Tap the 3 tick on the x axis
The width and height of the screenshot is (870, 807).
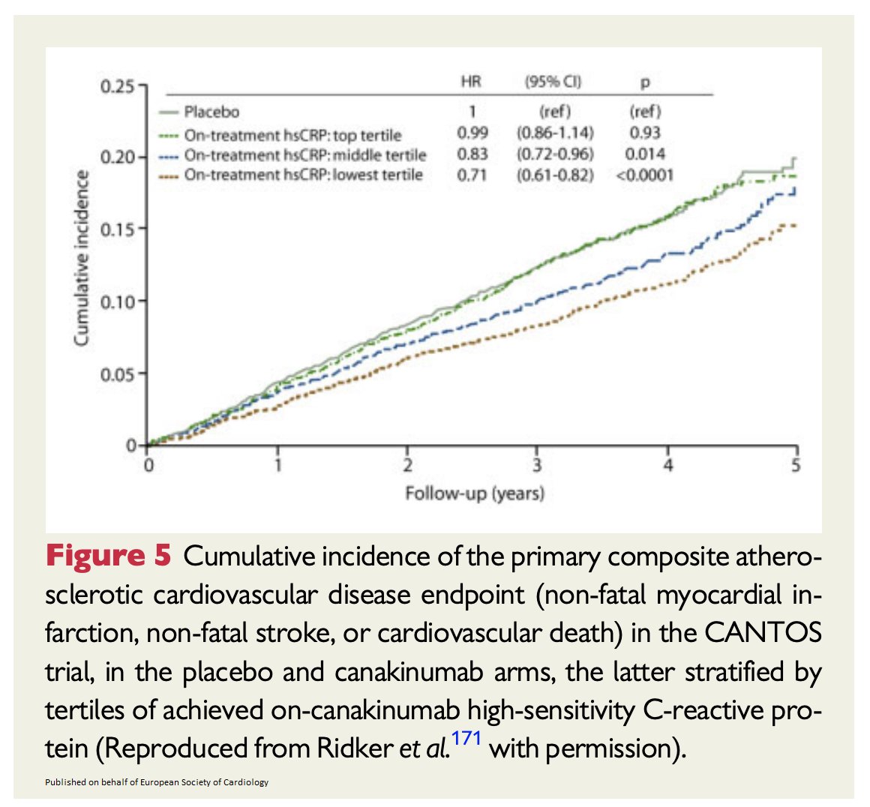coord(537,466)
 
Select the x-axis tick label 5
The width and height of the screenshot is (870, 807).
coord(796,466)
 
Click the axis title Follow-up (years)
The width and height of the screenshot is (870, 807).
coord(475,493)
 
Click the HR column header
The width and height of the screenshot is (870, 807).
coord(471,81)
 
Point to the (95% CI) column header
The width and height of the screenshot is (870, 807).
coord(553,81)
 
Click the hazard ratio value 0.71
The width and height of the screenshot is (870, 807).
coord(472,175)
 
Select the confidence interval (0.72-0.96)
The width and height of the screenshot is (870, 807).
coord(554,154)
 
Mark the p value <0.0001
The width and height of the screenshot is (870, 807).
coord(643,175)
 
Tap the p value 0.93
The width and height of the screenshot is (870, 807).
coord(644,133)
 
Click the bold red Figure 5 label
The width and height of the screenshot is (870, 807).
coord(109,556)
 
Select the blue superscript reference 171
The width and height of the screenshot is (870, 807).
coord(466,738)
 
